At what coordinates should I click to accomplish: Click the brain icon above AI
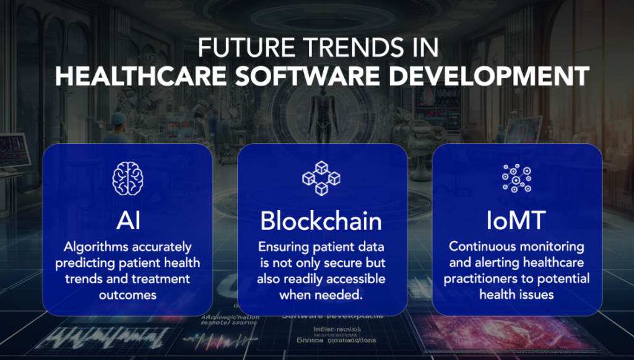pos(127,178)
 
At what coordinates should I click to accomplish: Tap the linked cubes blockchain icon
pos(321,178)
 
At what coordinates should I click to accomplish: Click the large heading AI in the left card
pos(127,220)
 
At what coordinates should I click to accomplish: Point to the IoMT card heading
pos(516,220)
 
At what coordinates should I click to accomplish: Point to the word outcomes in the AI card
pos(127,294)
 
